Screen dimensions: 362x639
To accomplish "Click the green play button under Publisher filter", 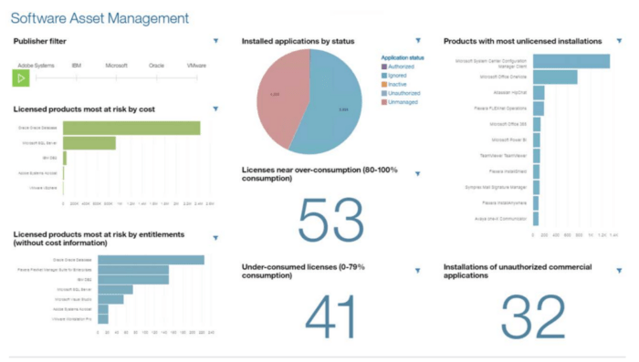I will pyautogui.click(x=21, y=79).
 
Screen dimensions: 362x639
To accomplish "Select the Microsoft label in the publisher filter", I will pyautogui.click(x=116, y=66).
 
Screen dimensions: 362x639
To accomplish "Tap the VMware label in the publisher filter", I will pyautogui.click(x=196, y=66).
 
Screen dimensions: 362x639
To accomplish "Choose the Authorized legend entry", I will pyautogui.click(x=401, y=66).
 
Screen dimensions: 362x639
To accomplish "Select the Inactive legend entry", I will pyautogui.click(x=397, y=83).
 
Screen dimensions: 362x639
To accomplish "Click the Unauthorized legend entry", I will pyautogui.click(x=403, y=92).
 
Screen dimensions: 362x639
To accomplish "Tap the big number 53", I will pyautogui.click(x=330, y=221).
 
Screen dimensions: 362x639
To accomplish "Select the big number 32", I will pyautogui.click(x=533, y=315).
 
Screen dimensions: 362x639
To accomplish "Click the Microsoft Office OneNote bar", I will pyautogui.click(x=555, y=78).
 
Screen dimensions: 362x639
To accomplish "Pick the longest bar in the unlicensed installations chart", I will pyautogui.click(x=571, y=62).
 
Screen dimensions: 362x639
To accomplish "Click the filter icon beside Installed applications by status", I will pyautogui.click(x=417, y=40).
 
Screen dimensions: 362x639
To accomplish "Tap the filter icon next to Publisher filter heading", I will pyautogui.click(x=215, y=40).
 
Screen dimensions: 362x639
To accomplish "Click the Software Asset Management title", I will pyautogui.click(x=100, y=17).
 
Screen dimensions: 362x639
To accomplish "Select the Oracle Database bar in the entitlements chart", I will pyautogui.click(x=151, y=260).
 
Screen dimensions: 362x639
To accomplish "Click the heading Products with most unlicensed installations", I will pyautogui.click(x=522, y=41).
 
